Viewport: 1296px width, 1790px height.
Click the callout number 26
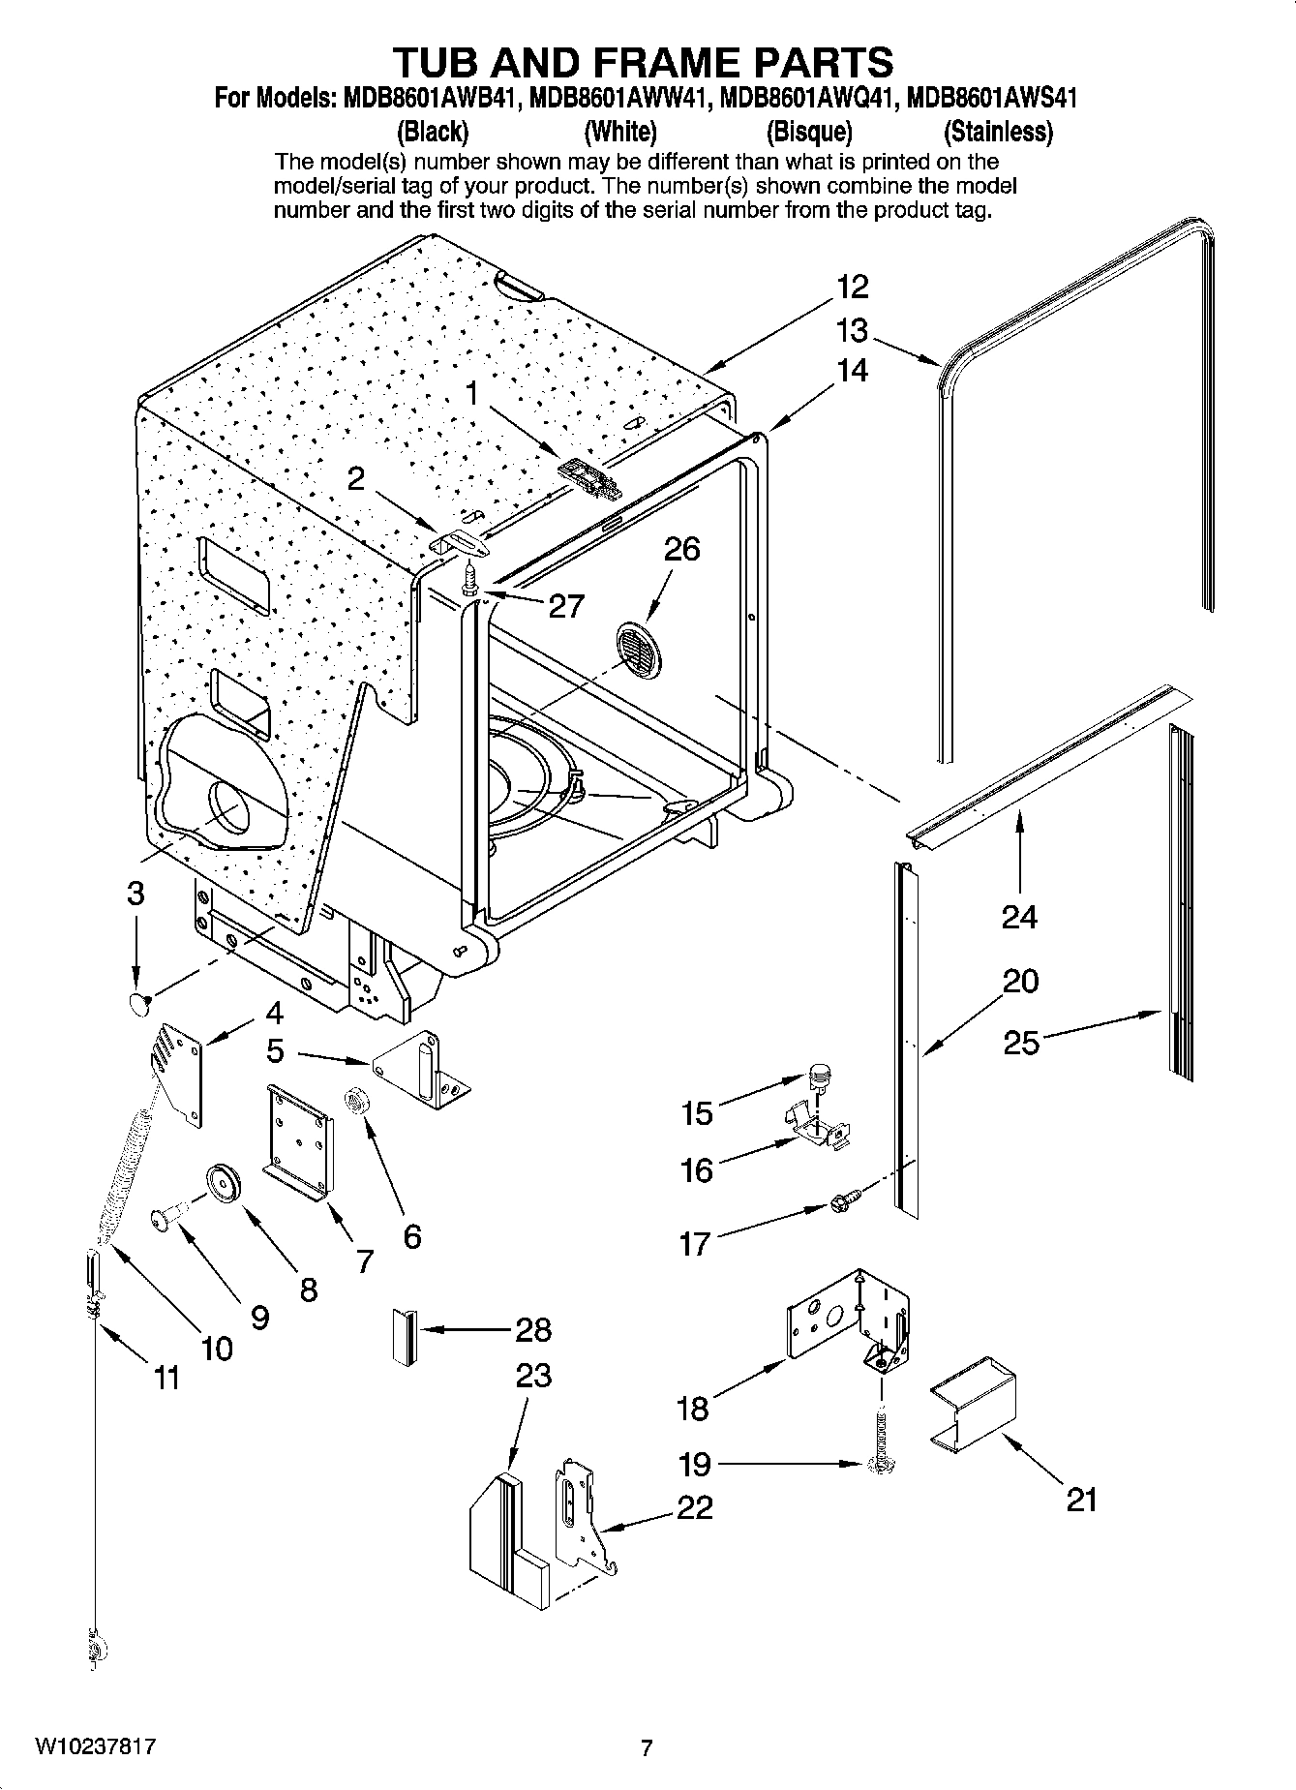click(x=681, y=549)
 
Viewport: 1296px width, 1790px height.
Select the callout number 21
click(x=1082, y=1500)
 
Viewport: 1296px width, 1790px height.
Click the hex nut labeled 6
click(x=356, y=1101)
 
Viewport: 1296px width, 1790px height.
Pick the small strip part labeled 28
click(x=405, y=1336)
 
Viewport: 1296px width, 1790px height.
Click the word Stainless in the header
click(x=999, y=132)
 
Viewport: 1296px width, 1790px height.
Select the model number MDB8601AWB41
click(x=427, y=99)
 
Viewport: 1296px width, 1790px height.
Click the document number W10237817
click(x=95, y=1746)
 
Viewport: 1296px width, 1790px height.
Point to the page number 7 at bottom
click(x=647, y=1747)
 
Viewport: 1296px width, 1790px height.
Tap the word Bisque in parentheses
click(x=809, y=132)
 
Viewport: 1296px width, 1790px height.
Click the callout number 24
click(x=1019, y=916)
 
